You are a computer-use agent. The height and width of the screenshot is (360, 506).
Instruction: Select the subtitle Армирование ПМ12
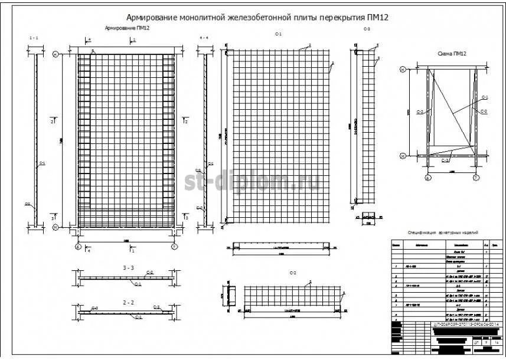pos(127,28)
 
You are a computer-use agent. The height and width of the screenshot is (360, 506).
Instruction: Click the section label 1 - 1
pos(34,38)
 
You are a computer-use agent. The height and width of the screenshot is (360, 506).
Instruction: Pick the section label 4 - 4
pos(204,38)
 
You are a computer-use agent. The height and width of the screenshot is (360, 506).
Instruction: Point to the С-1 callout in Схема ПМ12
pos(485,97)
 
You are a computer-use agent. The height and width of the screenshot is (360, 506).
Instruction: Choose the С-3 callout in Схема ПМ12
pos(446,160)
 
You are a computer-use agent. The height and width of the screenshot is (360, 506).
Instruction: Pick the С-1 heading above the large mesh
pos(278,35)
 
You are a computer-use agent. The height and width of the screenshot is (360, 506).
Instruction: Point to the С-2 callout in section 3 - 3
pos(150,272)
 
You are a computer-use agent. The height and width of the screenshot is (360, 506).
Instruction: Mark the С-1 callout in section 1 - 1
pos(42,163)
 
